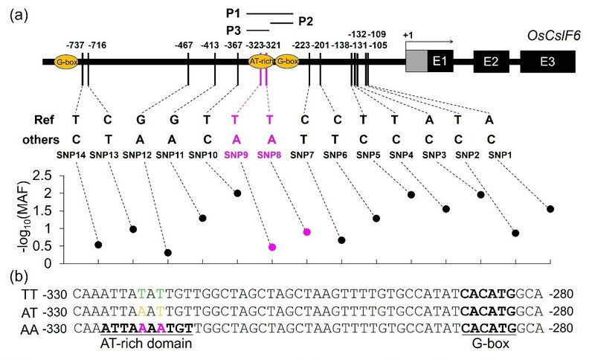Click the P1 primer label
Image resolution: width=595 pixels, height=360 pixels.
tap(234, 13)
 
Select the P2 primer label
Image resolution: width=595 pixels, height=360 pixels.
tap(305, 21)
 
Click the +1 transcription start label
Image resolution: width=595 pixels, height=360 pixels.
tap(407, 35)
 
